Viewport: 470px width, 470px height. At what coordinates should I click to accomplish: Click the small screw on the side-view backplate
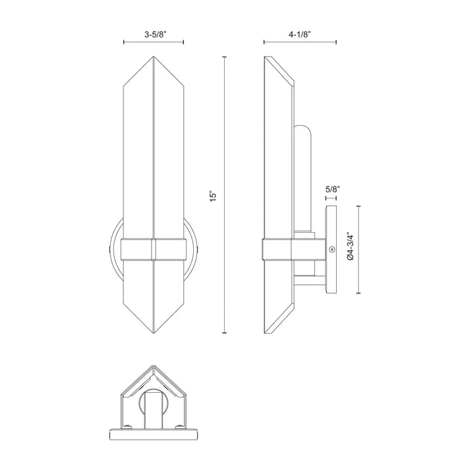click(333, 250)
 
